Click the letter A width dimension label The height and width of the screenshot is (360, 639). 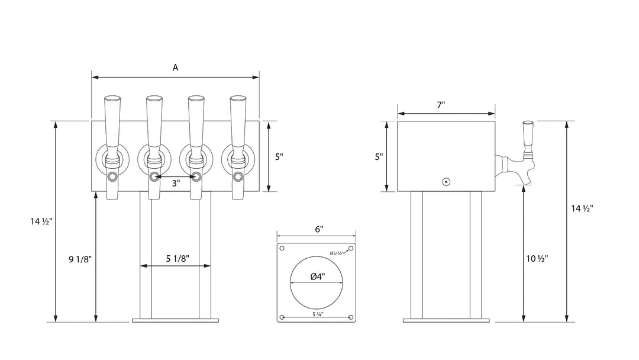(175, 67)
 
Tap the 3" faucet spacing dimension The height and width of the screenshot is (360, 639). (176, 184)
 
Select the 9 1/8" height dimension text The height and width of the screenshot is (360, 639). (80, 259)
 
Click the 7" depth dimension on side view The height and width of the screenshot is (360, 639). (441, 105)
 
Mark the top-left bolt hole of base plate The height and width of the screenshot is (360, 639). (282, 247)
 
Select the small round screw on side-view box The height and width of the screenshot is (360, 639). (447, 182)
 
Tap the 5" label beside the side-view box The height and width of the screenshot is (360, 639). (379, 156)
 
